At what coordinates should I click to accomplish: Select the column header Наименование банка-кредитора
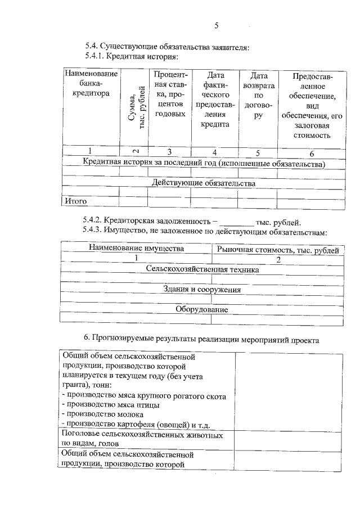(91, 84)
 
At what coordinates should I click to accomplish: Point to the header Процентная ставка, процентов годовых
(169, 94)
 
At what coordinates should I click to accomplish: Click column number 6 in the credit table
(313, 153)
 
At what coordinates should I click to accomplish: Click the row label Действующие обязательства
(204, 183)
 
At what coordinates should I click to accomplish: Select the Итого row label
(75, 200)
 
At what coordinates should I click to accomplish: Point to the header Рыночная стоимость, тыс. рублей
(278, 249)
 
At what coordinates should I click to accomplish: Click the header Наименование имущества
(136, 249)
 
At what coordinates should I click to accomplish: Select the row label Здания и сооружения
(202, 290)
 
